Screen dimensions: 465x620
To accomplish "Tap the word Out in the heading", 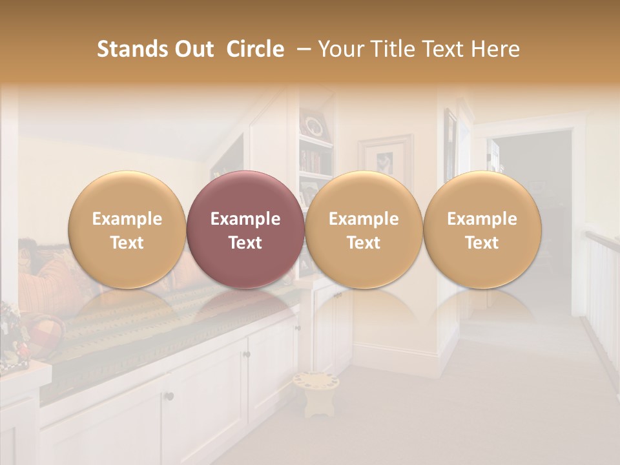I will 192,49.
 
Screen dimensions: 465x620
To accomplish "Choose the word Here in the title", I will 495,49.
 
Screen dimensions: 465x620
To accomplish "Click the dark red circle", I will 245,229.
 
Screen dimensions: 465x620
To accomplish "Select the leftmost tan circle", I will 127,229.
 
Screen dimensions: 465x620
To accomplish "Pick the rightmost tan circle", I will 482,229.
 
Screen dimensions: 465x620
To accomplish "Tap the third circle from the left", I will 364,229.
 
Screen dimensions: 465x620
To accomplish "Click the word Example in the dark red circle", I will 245,219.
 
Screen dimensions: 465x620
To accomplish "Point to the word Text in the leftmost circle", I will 127,243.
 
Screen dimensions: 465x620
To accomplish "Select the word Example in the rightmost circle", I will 482,219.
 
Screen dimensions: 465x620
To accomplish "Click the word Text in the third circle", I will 364,243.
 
